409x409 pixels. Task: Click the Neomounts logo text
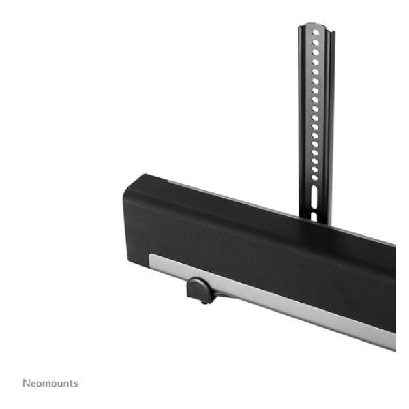point(50,383)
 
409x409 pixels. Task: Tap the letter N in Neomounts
point(26,383)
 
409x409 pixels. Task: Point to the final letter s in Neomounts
point(76,384)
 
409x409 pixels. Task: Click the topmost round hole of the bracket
point(316,33)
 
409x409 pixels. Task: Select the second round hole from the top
point(316,42)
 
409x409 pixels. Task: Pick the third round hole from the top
point(316,52)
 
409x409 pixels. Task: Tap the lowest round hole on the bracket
point(314,177)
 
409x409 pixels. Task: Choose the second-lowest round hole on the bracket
point(314,169)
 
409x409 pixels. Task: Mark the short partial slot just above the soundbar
point(314,217)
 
